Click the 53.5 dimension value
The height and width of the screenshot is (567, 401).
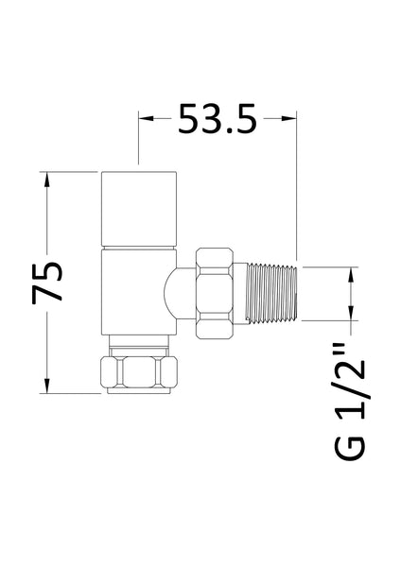pos(218,120)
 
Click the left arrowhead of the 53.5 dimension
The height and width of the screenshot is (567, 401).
pos(146,118)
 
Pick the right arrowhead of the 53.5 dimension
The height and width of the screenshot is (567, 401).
pos(292,118)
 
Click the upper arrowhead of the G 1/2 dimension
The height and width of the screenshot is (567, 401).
pos(353,274)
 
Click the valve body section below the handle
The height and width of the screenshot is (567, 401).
pos(139,288)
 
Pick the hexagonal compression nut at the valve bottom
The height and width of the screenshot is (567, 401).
pos(139,369)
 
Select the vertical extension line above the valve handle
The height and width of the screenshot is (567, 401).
pos(139,142)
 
